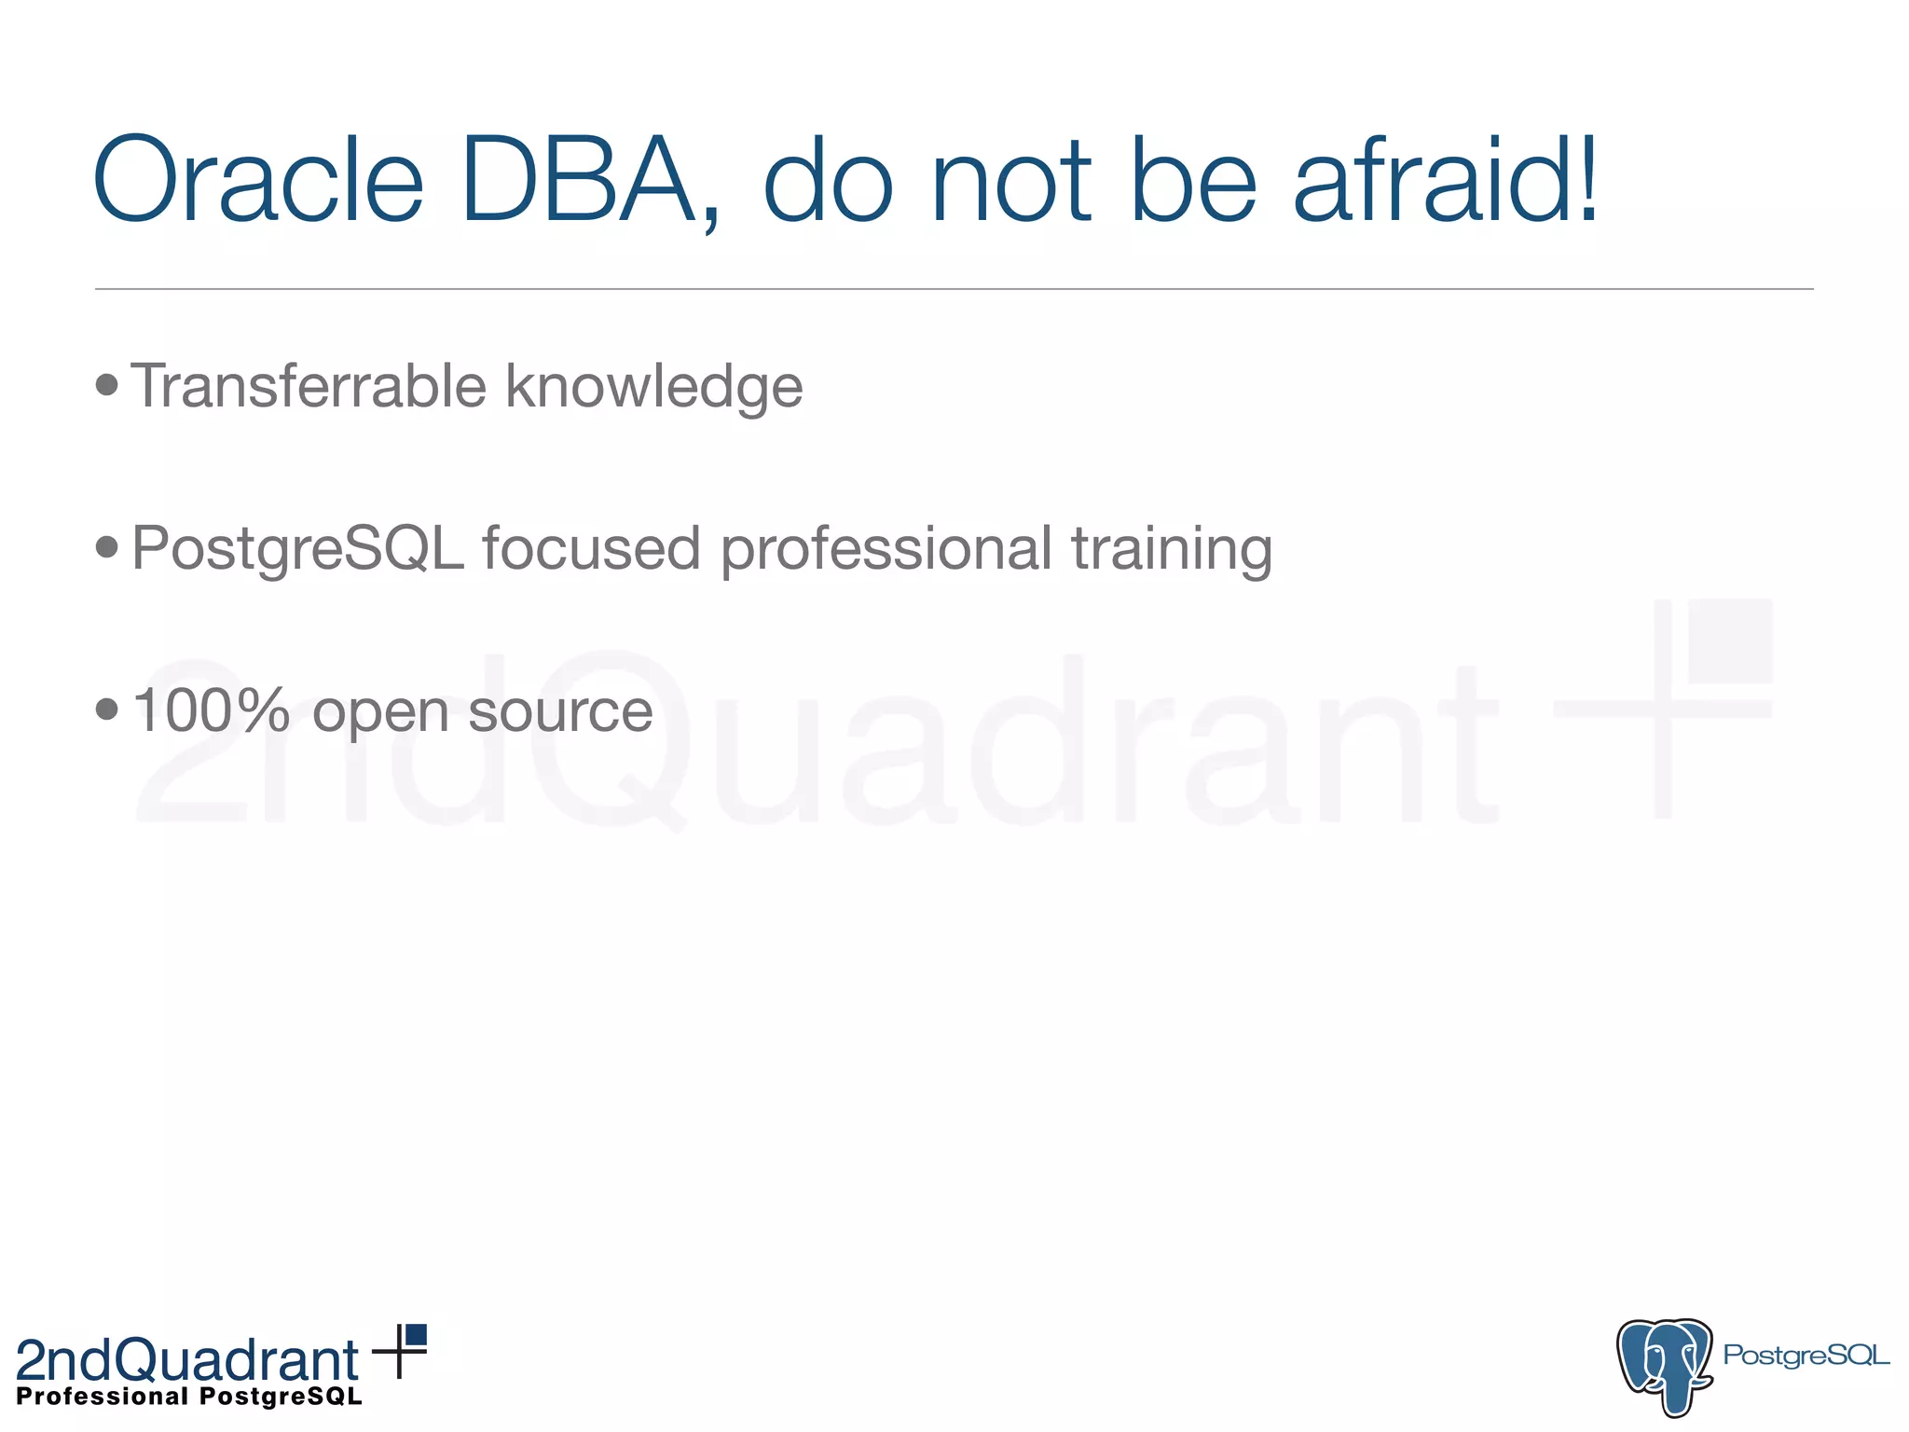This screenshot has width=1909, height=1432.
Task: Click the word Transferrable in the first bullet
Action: [x=309, y=386]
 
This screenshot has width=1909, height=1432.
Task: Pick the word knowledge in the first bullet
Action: [x=653, y=388]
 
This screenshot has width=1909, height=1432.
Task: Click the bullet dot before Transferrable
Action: [x=107, y=384]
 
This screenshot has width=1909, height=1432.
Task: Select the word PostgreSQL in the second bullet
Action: [x=297, y=548]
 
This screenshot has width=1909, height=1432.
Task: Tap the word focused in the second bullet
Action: [x=591, y=548]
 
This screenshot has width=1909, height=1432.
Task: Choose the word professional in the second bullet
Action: [x=886, y=550]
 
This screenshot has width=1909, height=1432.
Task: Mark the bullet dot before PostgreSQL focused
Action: [x=107, y=546]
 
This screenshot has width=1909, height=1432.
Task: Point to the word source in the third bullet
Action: [x=560, y=712]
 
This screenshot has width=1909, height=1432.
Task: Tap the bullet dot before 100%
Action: [x=107, y=709]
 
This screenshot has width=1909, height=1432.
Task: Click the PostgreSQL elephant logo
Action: [x=1665, y=1365]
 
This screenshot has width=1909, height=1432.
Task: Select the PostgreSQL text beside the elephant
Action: [x=1806, y=1356]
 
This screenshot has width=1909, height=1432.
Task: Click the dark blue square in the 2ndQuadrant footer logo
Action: [x=416, y=1335]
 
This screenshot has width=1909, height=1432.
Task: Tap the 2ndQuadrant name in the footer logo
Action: [x=187, y=1360]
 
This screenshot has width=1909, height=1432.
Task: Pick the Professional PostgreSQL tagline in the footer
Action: [x=189, y=1397]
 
